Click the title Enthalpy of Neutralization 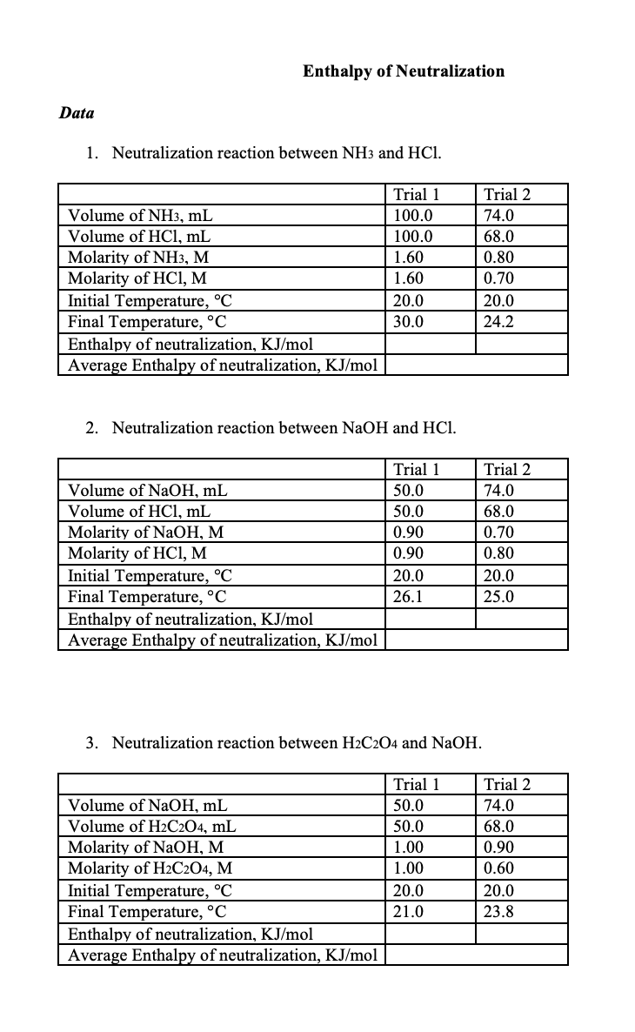pos(403,71)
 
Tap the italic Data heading pos(77,113)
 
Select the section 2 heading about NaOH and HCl pos(284,428)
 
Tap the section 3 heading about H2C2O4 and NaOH pos(296,743)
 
